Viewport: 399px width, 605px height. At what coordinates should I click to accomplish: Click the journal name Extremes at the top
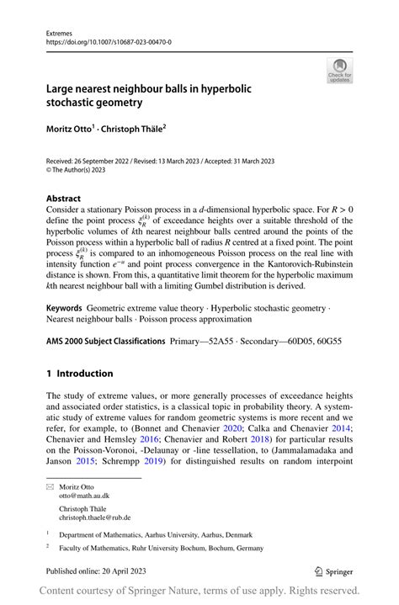(61, 29)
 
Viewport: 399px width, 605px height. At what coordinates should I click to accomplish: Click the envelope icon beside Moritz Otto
(50, 486)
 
